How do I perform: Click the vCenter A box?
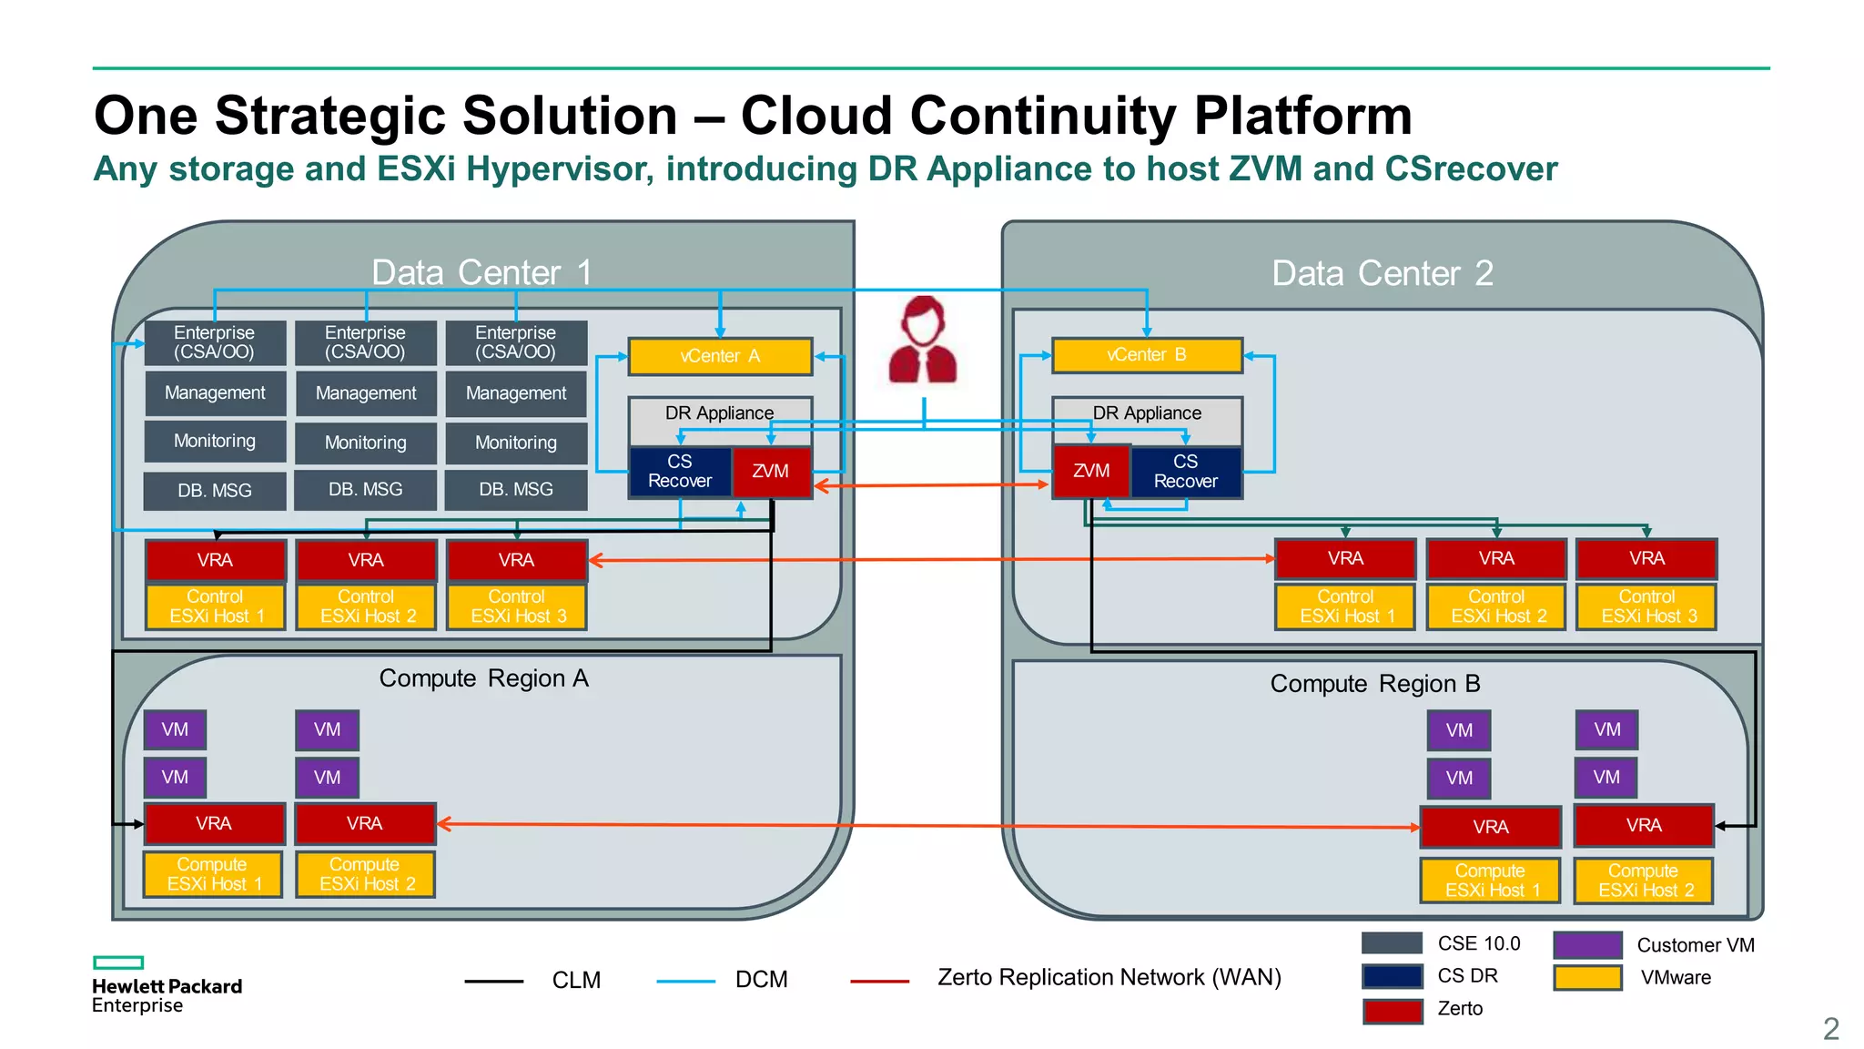click(719, 356)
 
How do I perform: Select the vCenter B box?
click(1146, 355)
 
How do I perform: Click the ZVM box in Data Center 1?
click(771, 472)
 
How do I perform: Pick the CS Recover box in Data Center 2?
click(1185, 472)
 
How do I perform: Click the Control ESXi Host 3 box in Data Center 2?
click(1646, 606)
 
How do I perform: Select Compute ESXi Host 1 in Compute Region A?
click(213, 874)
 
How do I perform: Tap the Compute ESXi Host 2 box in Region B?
click(1644, 881)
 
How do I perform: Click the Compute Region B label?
click(1374, 684)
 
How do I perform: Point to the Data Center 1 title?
click(481, 272)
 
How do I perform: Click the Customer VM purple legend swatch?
click(1587, 944)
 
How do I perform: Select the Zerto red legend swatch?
click(1392, 1010)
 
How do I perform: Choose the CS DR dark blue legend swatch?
click(1392, 976)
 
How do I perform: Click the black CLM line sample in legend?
click(493, 981)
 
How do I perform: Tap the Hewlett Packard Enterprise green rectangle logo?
click(118, 962)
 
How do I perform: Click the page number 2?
click(1830, 1029)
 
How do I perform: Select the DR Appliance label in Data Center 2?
click(1146, 413)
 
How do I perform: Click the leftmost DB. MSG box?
click(215, 491)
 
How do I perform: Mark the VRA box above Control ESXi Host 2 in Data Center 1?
click(366, 560)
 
